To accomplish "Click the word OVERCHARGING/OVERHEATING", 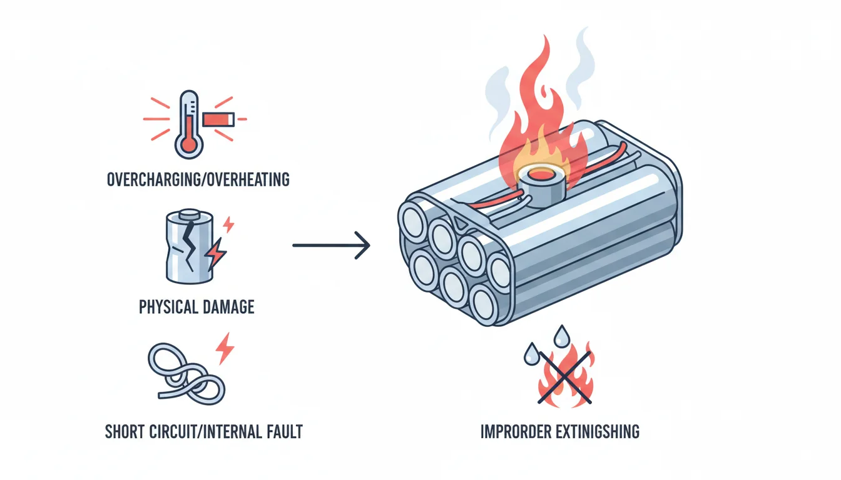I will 198,180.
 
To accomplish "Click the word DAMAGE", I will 228,307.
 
